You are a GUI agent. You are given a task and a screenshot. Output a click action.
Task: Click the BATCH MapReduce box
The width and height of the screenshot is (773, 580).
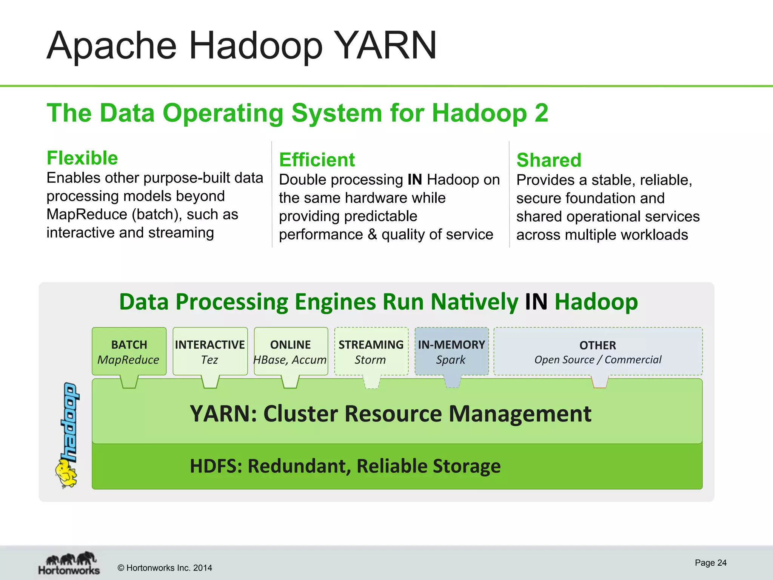129,351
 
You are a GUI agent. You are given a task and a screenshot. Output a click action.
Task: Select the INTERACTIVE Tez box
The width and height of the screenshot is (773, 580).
210,351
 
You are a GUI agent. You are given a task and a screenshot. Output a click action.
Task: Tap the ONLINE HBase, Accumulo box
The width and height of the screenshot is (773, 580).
291,351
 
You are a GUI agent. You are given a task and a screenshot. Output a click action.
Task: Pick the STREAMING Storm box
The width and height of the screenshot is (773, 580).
371,351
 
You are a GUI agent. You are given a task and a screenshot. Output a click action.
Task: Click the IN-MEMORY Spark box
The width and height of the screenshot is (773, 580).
451,351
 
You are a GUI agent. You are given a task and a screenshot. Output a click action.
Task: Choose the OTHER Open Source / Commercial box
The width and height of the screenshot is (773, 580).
598,351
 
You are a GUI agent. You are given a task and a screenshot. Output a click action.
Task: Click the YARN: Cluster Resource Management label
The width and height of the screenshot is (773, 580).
390,413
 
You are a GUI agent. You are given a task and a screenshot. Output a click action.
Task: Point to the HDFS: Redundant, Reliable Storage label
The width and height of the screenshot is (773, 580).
345,466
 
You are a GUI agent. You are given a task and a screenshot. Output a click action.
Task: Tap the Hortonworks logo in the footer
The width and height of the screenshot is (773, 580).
69,563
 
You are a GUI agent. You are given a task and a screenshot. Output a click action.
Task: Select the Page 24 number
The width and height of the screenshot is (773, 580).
710,563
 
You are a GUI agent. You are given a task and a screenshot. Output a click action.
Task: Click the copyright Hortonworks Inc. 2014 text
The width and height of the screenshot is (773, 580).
165,568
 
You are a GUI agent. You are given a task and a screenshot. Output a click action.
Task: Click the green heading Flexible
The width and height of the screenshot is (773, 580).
82,158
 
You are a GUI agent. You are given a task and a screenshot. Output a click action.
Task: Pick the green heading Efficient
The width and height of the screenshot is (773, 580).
317,160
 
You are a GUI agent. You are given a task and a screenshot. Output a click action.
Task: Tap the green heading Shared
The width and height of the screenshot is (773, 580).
549,160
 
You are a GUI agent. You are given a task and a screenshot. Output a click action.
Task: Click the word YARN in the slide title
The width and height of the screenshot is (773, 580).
385,45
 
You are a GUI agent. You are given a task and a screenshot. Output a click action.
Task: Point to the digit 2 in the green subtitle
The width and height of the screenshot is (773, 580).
541,113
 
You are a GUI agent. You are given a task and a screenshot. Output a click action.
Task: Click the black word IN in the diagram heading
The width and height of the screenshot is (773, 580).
536,302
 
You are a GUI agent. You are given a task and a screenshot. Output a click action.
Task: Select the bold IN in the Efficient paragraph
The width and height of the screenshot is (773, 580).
415,180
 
